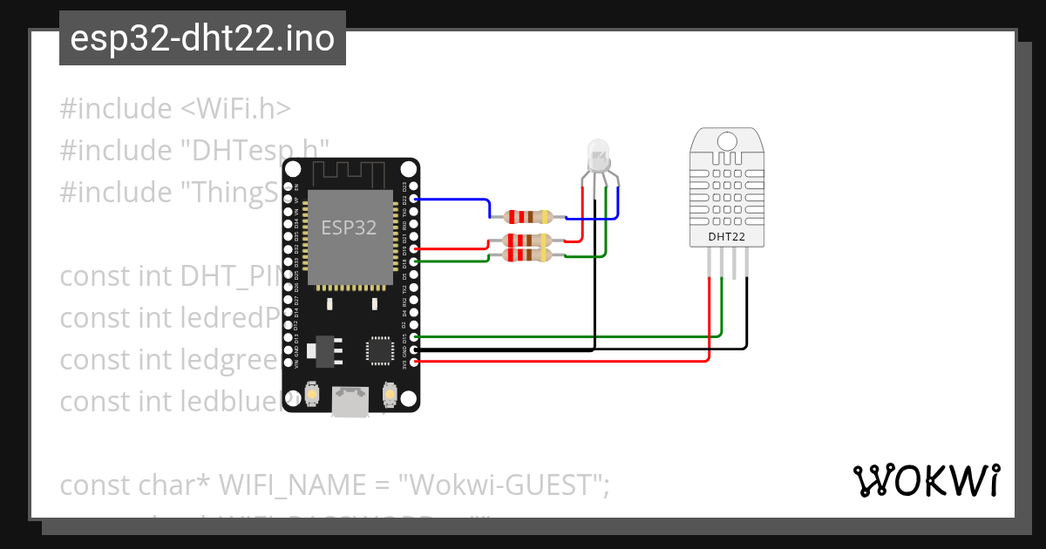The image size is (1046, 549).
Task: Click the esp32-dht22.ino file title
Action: coord(202,38)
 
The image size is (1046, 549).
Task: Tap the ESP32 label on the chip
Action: coord(349,228)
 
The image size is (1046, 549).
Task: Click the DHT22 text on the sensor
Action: coord(726,236)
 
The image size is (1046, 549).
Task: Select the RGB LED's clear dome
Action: coord(599,154)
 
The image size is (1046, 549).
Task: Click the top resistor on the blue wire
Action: coord(520,216)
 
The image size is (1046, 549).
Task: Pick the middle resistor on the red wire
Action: coord(520,240)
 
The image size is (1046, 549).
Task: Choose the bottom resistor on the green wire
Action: coord(520,254)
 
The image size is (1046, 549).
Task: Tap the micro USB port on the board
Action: coord(350,403)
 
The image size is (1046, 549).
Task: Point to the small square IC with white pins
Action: coord(380,349)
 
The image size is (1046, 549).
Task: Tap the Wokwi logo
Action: coord(926,480)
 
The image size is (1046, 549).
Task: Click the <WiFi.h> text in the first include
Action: coord(236,109)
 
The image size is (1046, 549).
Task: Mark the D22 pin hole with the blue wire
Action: coord(414,200)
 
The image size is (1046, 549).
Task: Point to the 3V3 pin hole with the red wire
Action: coord(414,361)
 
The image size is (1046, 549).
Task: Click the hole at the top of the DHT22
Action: coord(726,139)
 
